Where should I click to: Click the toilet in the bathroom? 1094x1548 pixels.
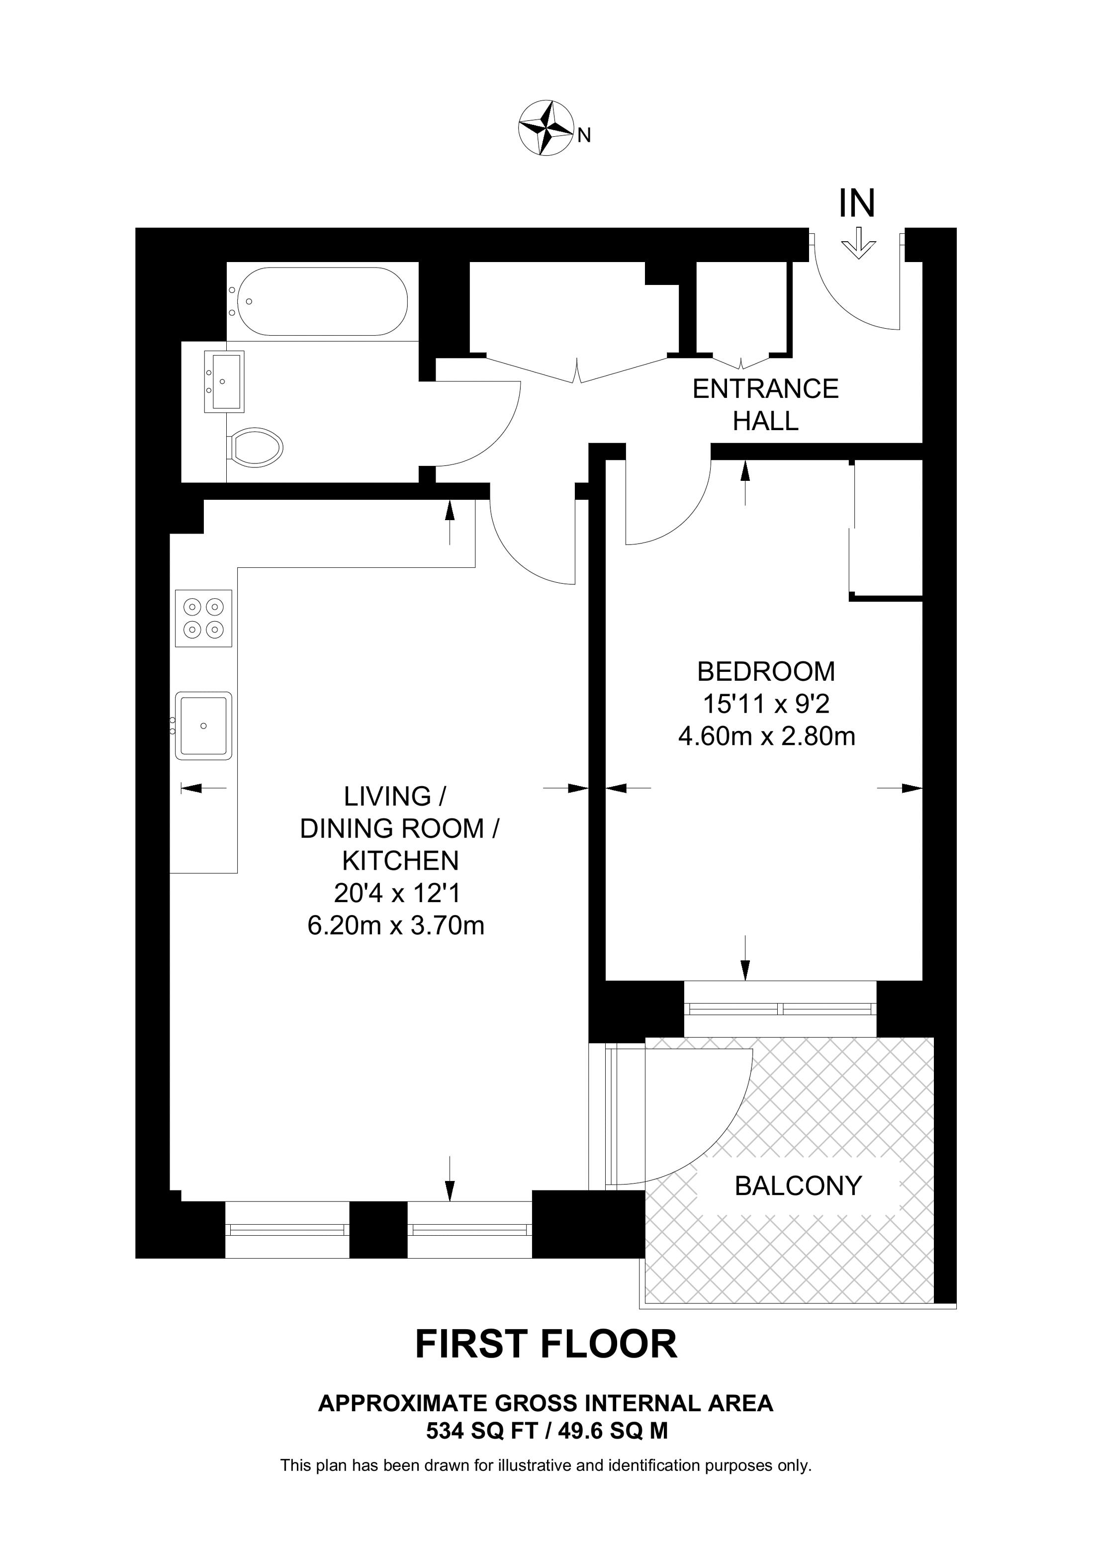(256, 447)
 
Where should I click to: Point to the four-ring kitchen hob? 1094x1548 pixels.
(203, 618)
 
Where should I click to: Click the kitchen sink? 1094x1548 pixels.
(203, 726)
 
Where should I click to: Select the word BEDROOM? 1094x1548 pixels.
(766, 671)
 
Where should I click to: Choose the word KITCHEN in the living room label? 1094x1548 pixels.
(400, 860)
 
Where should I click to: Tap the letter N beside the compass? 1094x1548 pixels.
(584, 136)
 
